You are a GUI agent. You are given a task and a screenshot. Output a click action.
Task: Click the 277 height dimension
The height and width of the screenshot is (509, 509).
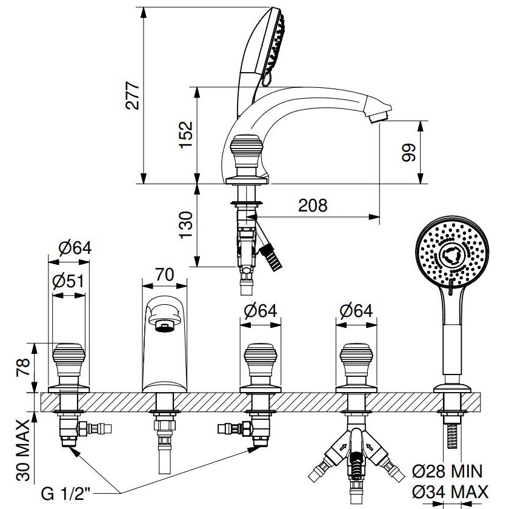point(132,95)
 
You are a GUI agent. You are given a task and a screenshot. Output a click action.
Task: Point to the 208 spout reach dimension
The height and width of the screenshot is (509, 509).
point(313,205)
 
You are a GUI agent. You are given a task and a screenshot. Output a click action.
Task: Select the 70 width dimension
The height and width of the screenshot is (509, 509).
point(164,274)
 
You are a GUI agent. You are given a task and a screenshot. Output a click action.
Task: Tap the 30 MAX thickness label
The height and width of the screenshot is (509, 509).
point(23,450)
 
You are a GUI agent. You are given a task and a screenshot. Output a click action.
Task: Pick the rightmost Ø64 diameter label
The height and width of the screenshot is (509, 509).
point(356,311)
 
